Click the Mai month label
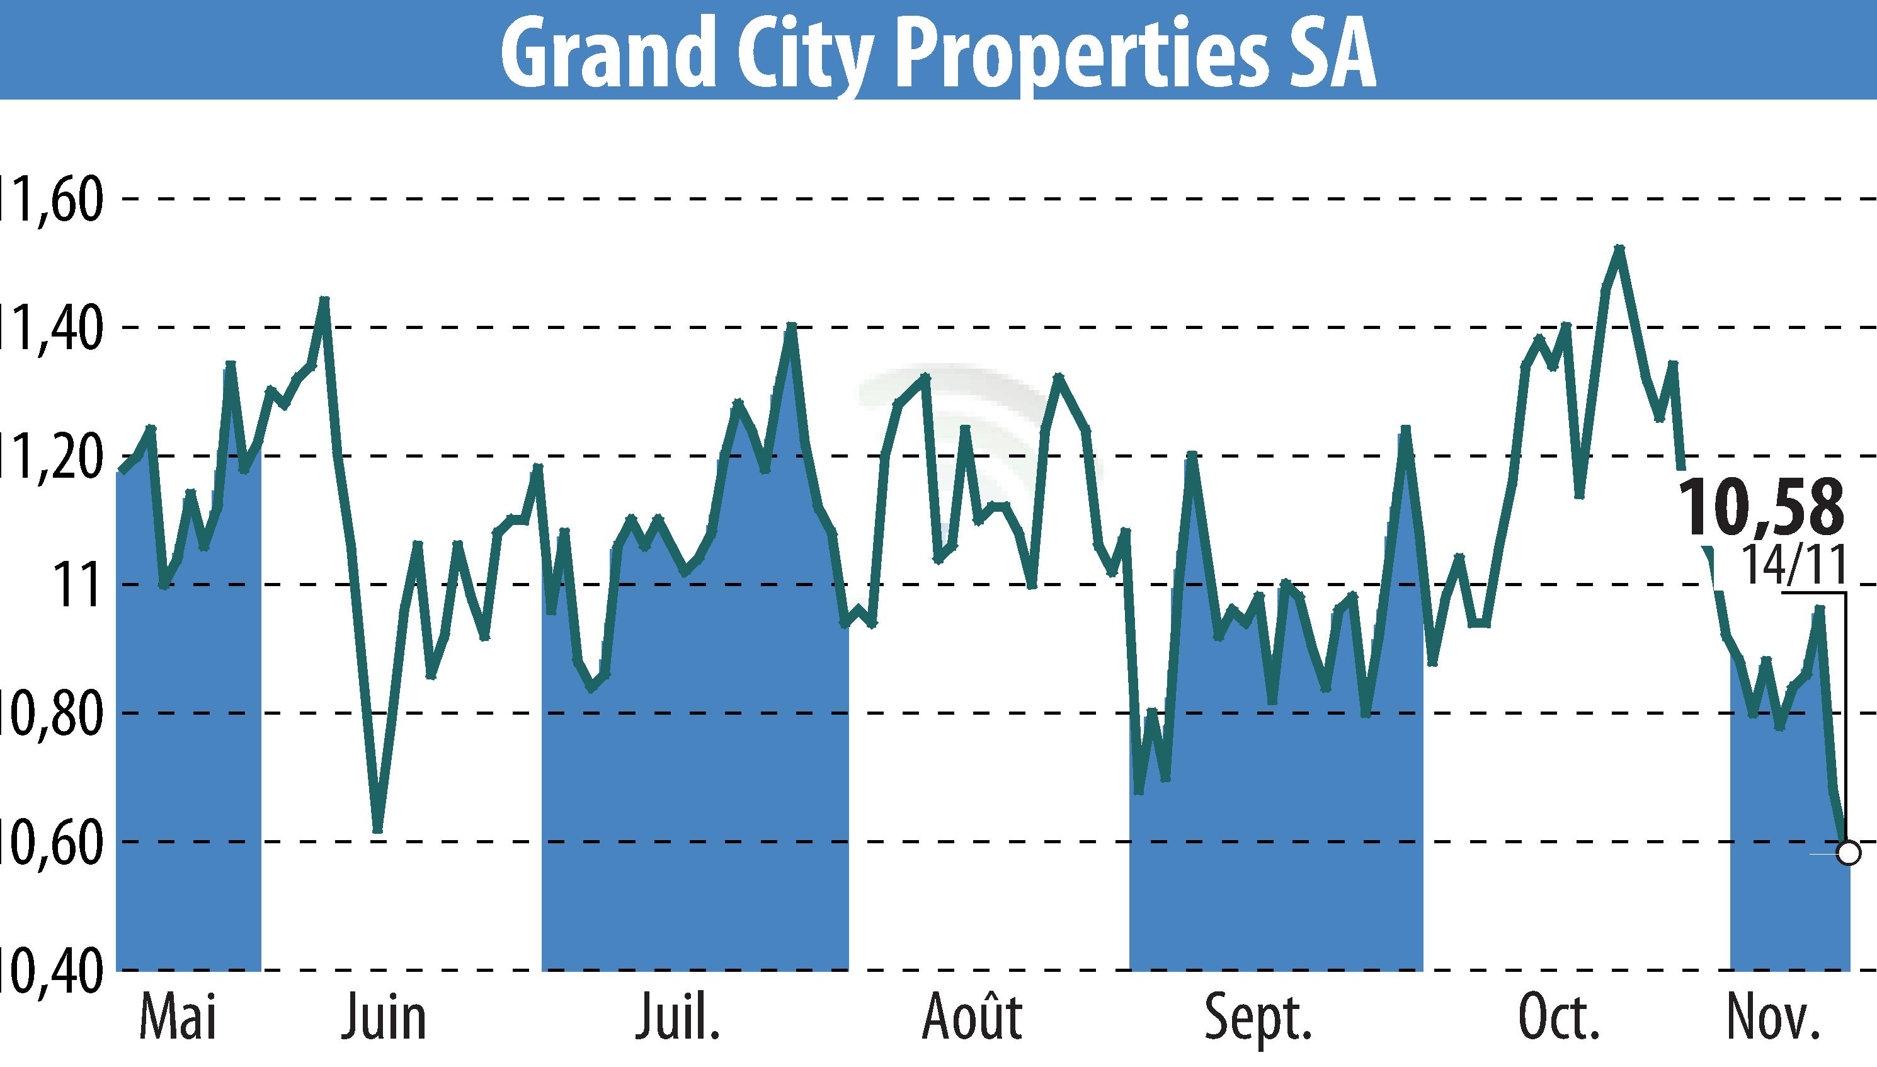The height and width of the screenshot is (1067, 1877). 178,1018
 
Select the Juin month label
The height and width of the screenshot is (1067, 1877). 383,1018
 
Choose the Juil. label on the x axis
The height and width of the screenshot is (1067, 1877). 677,1018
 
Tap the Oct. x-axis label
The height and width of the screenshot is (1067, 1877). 1558,1018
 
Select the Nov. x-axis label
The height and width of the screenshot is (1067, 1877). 1772,1018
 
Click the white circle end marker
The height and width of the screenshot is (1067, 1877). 1849,853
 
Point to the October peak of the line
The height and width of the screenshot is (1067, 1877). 1619,248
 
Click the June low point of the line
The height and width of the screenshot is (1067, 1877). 377,830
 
